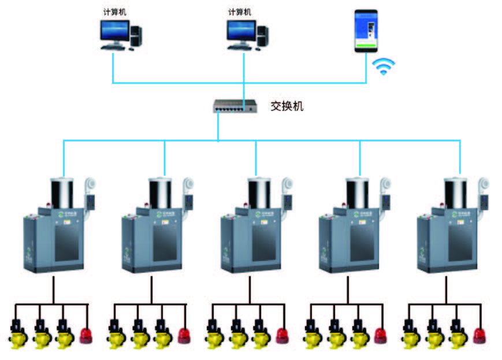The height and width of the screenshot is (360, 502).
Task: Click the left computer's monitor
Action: coord(113,32)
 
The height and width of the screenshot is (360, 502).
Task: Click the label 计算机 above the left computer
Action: coord(113,12)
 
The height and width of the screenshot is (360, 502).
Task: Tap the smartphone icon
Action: coord(366,31)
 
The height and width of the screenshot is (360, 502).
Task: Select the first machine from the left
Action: coord(55,231)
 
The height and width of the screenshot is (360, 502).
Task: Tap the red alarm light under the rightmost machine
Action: coord(479,335)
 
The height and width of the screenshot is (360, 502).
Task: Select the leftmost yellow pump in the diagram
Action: coord(16,335)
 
